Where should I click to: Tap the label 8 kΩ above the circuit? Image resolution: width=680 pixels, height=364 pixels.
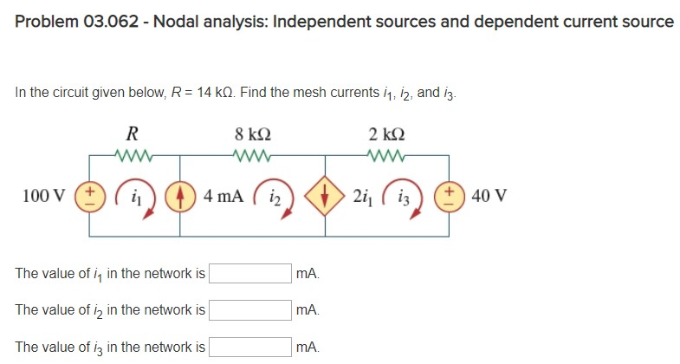252,134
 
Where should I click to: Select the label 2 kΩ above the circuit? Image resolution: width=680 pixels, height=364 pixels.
385,134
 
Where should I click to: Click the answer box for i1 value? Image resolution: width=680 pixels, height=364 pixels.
250,274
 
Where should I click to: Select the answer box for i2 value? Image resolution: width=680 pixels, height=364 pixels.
250,310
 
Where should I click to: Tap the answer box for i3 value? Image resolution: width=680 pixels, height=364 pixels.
250,348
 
